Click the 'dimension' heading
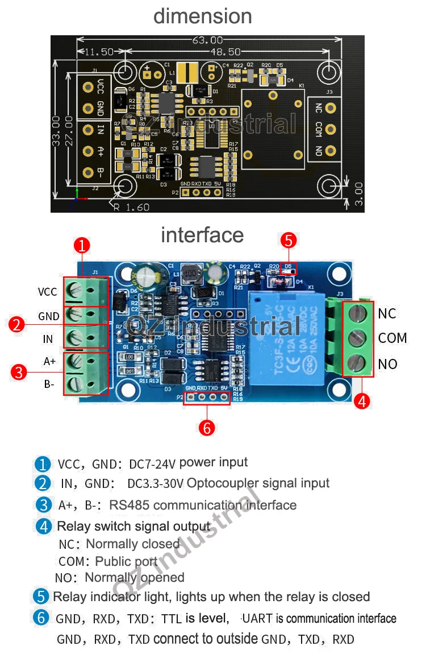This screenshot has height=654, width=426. (x=202, y=16)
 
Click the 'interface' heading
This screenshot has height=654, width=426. (x=202, y=235)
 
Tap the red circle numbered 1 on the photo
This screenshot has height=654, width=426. (x=82, y=246)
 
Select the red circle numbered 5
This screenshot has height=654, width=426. (x=289, y=241)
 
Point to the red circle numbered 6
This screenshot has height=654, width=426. (x=207, y=428)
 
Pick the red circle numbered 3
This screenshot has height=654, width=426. (x=19, y=372)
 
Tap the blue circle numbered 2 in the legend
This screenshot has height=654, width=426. (x=43, y=484)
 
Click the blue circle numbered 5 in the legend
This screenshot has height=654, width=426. (x=41, y=597)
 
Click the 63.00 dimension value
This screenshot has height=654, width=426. (x=207, y=40)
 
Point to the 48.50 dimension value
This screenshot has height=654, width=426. (x=225, y=52)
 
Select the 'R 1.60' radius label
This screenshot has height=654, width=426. (x=131, y=207)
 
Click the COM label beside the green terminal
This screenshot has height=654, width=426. (x=392, y=338)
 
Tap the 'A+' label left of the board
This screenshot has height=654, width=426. (x=50, y=361)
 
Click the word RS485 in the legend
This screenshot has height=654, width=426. (x=130, y=505)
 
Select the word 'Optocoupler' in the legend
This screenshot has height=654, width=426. (x=218, y=483)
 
